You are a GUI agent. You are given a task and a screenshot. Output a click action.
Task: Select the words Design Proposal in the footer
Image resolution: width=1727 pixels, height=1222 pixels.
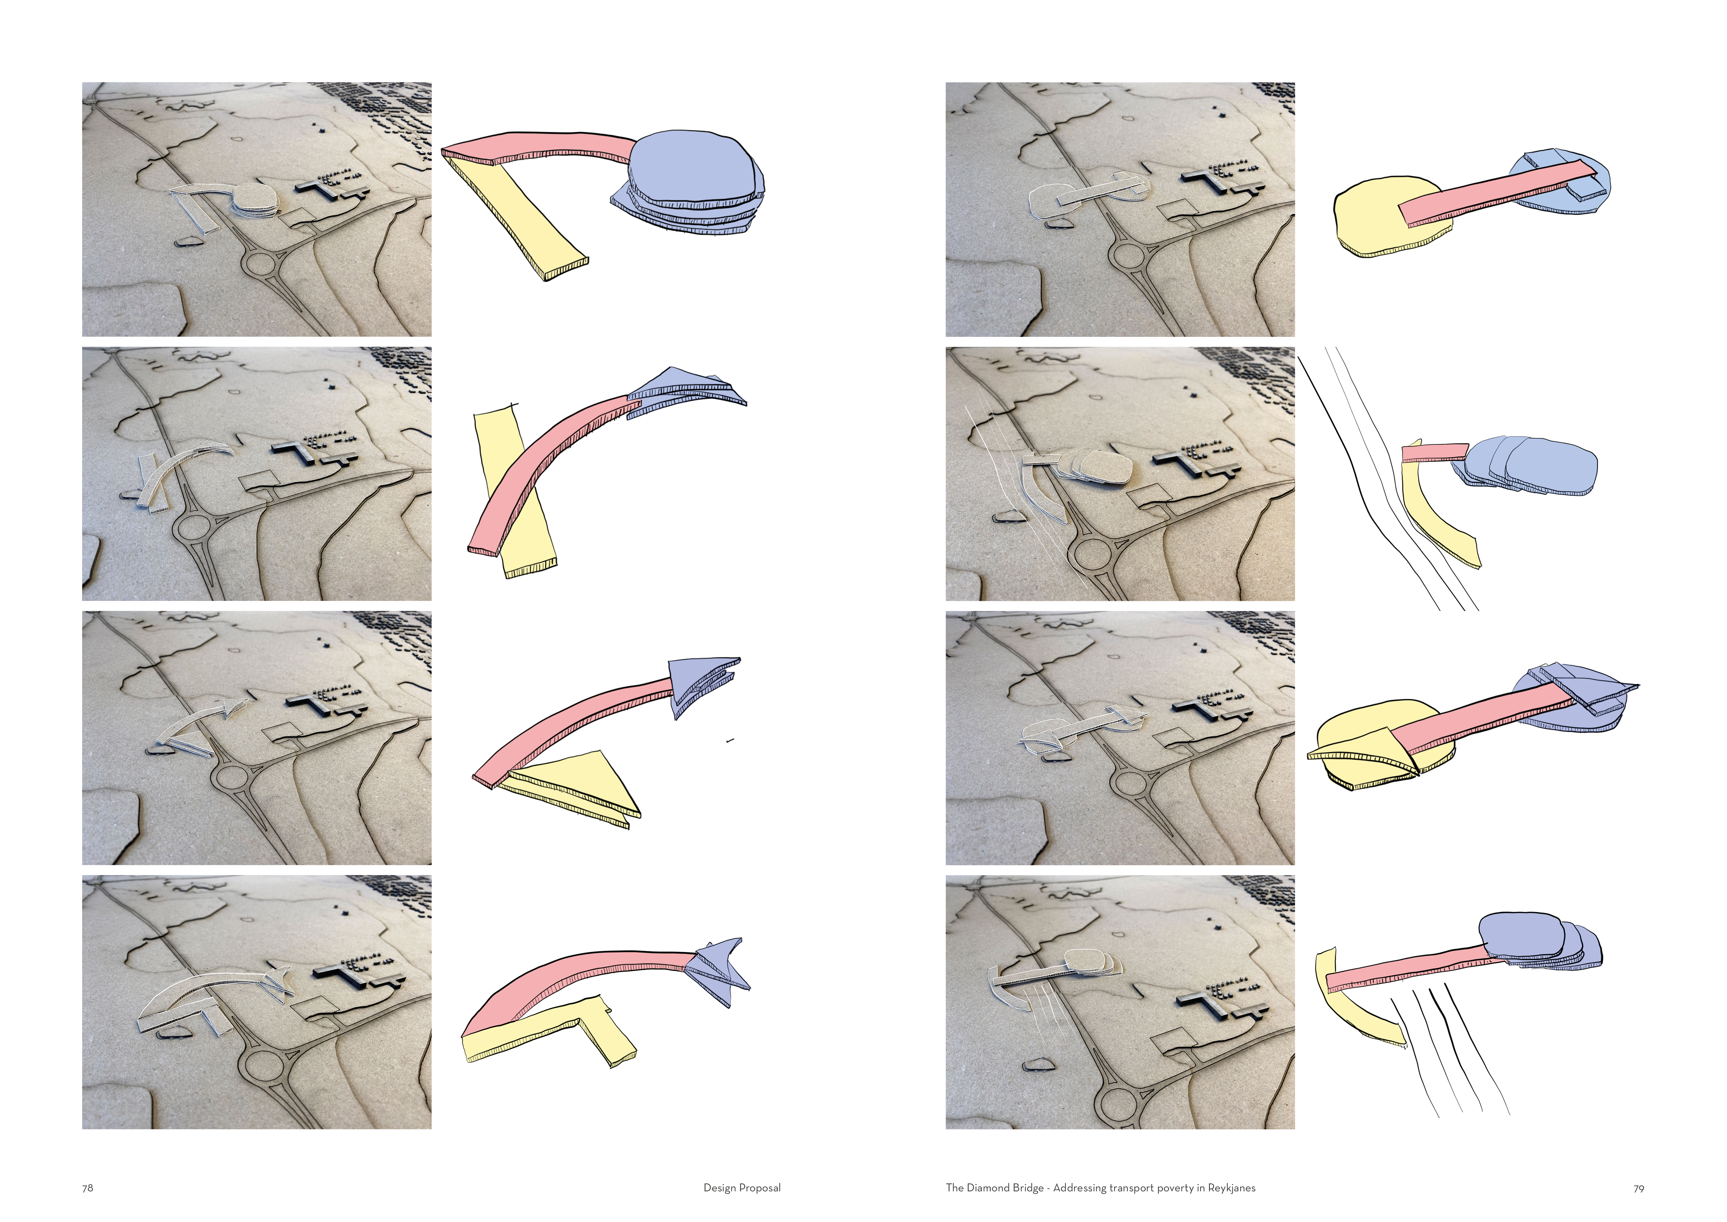[x=741, y=1188]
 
